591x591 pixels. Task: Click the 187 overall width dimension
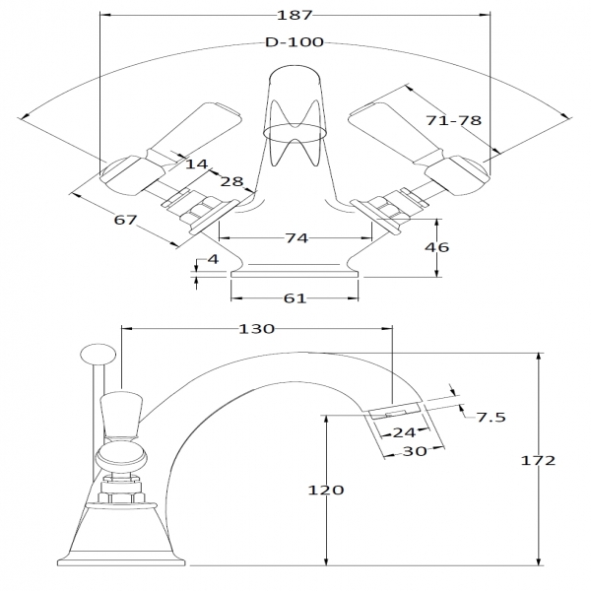coord(295,15)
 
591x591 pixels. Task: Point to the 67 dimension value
coord(125,220)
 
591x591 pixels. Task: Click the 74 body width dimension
coord(295,238)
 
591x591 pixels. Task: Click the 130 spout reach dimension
coord(255,330)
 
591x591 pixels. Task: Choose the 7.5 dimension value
coord(492,418)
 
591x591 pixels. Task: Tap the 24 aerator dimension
coord(402,430)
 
